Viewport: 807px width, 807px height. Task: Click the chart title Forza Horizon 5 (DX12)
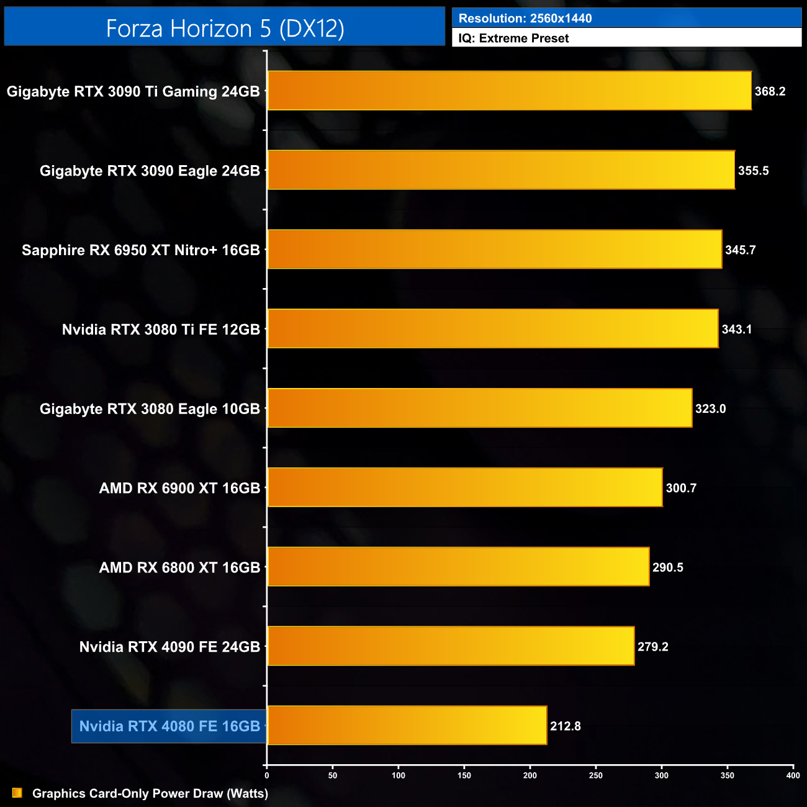[225, 29]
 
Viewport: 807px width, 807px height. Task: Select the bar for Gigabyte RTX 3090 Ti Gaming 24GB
[509, 91]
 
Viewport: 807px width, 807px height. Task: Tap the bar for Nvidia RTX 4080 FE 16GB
[407, 725]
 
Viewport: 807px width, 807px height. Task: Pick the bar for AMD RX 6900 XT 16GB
[465, 487]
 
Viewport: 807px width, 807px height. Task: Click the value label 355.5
[753, 171]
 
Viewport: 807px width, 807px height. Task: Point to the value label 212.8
[565, 726]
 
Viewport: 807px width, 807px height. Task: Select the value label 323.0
[710, 408]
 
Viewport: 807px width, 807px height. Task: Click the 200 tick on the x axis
[530, 775]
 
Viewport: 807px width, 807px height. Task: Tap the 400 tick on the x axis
[793, 775]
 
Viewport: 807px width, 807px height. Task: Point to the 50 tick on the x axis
[333, 775]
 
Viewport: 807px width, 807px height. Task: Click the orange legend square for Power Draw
[17, 793]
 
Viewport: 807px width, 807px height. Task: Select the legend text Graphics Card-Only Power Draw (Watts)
[150, 793]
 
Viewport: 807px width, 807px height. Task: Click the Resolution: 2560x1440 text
[525, 19]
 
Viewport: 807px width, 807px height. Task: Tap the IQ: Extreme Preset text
[513, 38]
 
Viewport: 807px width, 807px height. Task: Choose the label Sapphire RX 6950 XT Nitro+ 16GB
[141, 250]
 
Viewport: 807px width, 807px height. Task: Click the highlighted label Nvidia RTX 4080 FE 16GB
[169, 726]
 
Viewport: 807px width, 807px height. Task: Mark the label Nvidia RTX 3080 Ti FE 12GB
[161, 330]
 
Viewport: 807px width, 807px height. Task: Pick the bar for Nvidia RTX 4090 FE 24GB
[451, 646]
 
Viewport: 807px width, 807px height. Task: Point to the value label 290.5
[667, 567]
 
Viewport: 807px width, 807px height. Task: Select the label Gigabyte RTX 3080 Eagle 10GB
[150, 409]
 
